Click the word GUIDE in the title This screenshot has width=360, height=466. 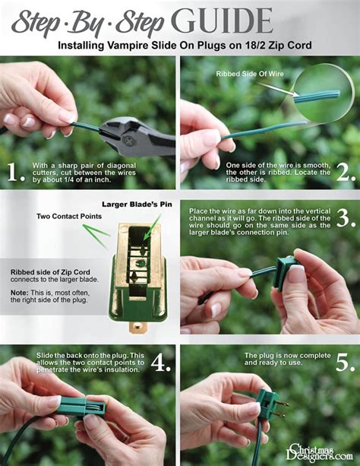[222, 21]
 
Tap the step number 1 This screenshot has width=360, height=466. [15, 172]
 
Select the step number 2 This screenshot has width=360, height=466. [346, 172]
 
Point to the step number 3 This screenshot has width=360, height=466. [346, 218]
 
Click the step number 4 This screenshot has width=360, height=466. [161, 363]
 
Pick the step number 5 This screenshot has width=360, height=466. [346, 363]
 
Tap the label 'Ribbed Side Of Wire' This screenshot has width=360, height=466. [250, 74]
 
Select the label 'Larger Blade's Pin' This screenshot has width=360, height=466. [137, 204]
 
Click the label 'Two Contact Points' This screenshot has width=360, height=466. [69, 217]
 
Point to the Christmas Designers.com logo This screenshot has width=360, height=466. [319, 452]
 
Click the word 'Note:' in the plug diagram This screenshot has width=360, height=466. [20, 293]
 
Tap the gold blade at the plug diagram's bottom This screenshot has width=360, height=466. [138, 327]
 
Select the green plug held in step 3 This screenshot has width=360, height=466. [287, 274]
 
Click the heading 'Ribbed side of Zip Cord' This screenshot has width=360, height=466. [50, 272]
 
